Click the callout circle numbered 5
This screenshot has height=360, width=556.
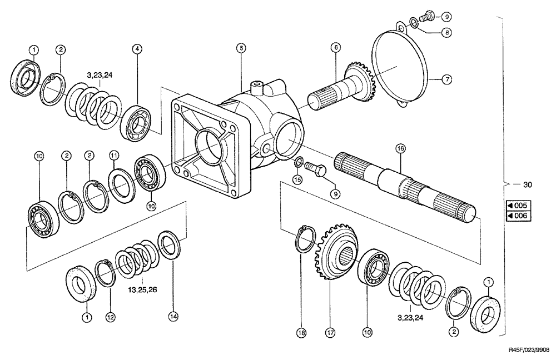click(240, 48)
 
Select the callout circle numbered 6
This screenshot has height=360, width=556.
click(336, 48)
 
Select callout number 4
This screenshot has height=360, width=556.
click(136, 48)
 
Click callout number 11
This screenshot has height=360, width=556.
click(113, 156)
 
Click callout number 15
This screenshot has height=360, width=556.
click(297, 179)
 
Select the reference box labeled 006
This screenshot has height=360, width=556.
click(517, 216)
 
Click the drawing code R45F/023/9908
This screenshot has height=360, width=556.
click(528, 351)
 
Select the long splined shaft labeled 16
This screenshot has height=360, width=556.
click(406, 183)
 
